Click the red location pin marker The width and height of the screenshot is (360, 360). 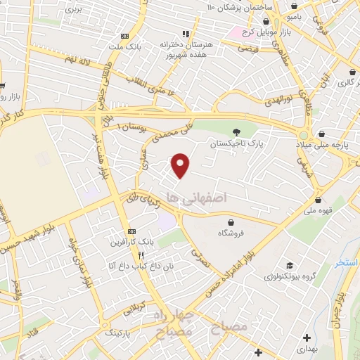tap(181, 165)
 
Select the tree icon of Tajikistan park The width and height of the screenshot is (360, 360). tap(237, 131)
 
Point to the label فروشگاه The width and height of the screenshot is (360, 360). tap(232, 232)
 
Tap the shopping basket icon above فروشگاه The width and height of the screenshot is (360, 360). tap(231, 220)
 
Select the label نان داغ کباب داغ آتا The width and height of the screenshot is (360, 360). tap(131, 266)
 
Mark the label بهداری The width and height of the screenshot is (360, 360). tap(306, 349)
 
